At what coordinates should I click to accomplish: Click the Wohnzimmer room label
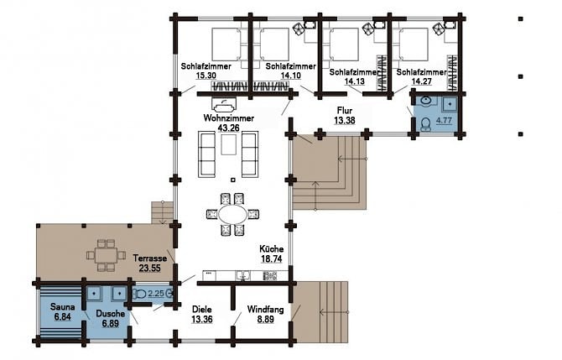pos(229,118)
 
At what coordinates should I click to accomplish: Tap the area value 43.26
pos(229,128)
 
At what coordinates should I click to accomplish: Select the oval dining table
pos(233,215)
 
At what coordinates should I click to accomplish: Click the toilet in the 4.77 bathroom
pos(426,124)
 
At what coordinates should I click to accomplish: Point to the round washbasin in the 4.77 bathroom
pos(427,101)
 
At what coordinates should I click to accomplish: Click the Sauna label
pos(63,307)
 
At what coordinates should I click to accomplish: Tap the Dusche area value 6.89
pos(110,323)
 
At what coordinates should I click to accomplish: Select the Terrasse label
pos(150,258)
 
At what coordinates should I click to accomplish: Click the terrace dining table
pos(106,255)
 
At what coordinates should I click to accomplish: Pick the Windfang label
pos(265,309)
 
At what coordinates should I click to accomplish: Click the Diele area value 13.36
pos(202,319)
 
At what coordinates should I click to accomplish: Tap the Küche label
pos(271,249)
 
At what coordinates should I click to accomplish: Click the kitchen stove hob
pos(270,275)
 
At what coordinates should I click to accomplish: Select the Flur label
pos(345,111)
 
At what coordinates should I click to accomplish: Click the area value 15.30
pos(206,76)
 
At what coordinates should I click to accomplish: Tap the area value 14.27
pos(421,81)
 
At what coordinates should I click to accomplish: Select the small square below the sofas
pos(233,180)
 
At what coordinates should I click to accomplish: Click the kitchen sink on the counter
pos(242,275)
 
